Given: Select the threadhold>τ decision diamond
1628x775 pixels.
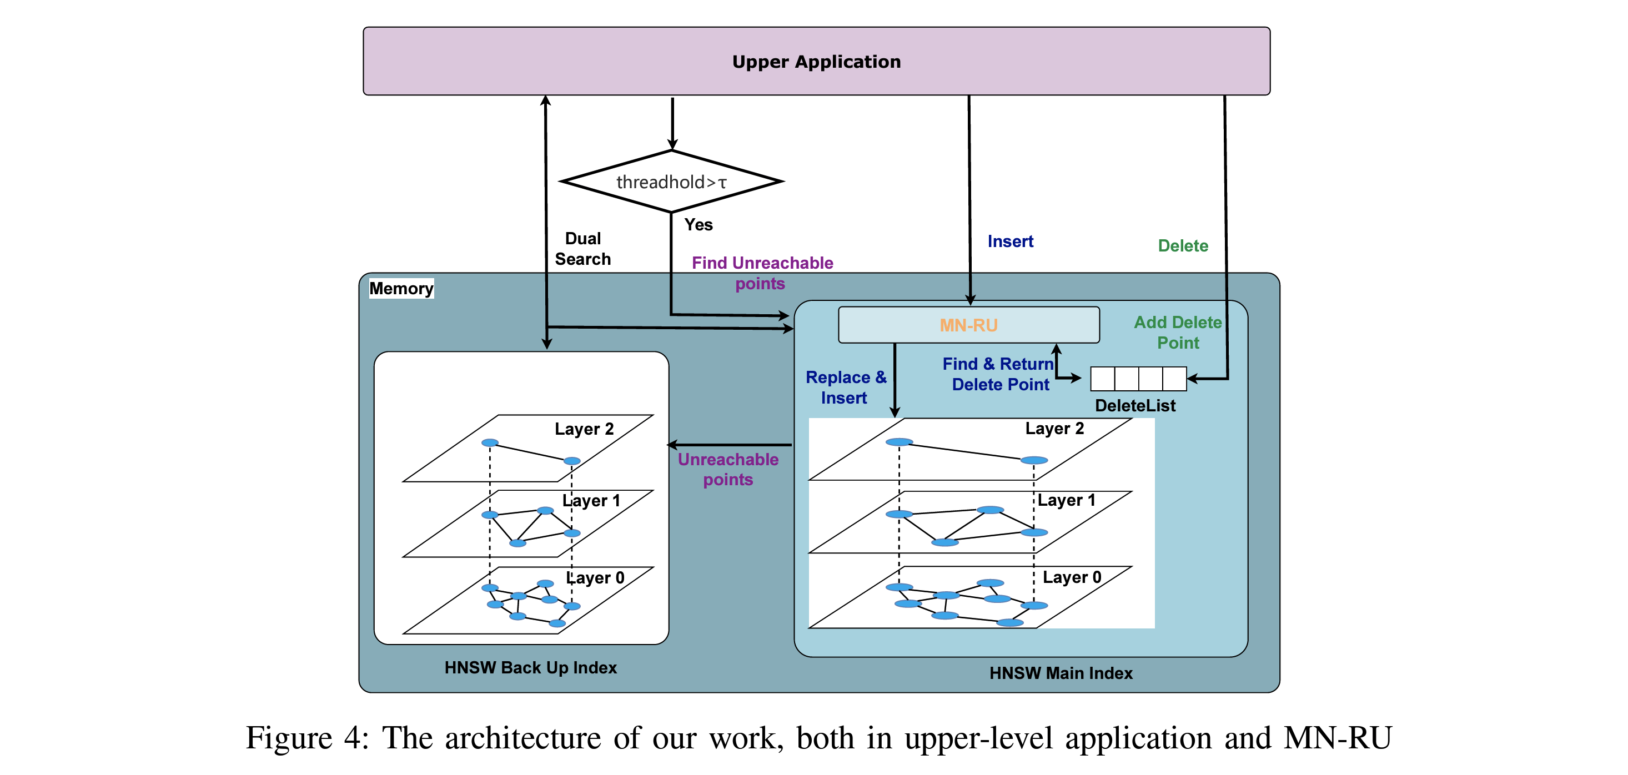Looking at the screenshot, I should pos(671,182).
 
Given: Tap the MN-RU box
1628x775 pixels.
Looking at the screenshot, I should pos(968,325).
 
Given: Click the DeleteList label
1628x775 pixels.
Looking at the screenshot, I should pos(1135,406).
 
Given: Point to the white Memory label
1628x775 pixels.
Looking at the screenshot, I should pos(401,288).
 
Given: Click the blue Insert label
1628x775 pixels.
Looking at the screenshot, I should pos(1010,241).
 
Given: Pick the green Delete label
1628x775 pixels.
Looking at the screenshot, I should pos(1183,246).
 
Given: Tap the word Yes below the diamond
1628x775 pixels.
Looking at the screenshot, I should pos(699,225).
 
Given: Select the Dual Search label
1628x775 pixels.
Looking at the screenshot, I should pos(582,249).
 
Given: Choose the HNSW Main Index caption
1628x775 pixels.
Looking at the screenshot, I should pos(1061,673).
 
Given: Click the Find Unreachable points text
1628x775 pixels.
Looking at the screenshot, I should pos(762,273).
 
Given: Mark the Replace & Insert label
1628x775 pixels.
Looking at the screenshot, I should pos(846,387).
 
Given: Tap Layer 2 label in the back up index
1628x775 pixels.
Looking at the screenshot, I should pos(584,429).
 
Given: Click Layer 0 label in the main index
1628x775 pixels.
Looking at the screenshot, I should pos(1072,577).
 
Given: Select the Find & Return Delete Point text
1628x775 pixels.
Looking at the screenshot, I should pos(998,374).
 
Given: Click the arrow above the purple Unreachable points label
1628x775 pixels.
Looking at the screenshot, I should pos(730,445).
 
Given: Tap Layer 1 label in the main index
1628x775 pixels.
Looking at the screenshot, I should pos(1066,500).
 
